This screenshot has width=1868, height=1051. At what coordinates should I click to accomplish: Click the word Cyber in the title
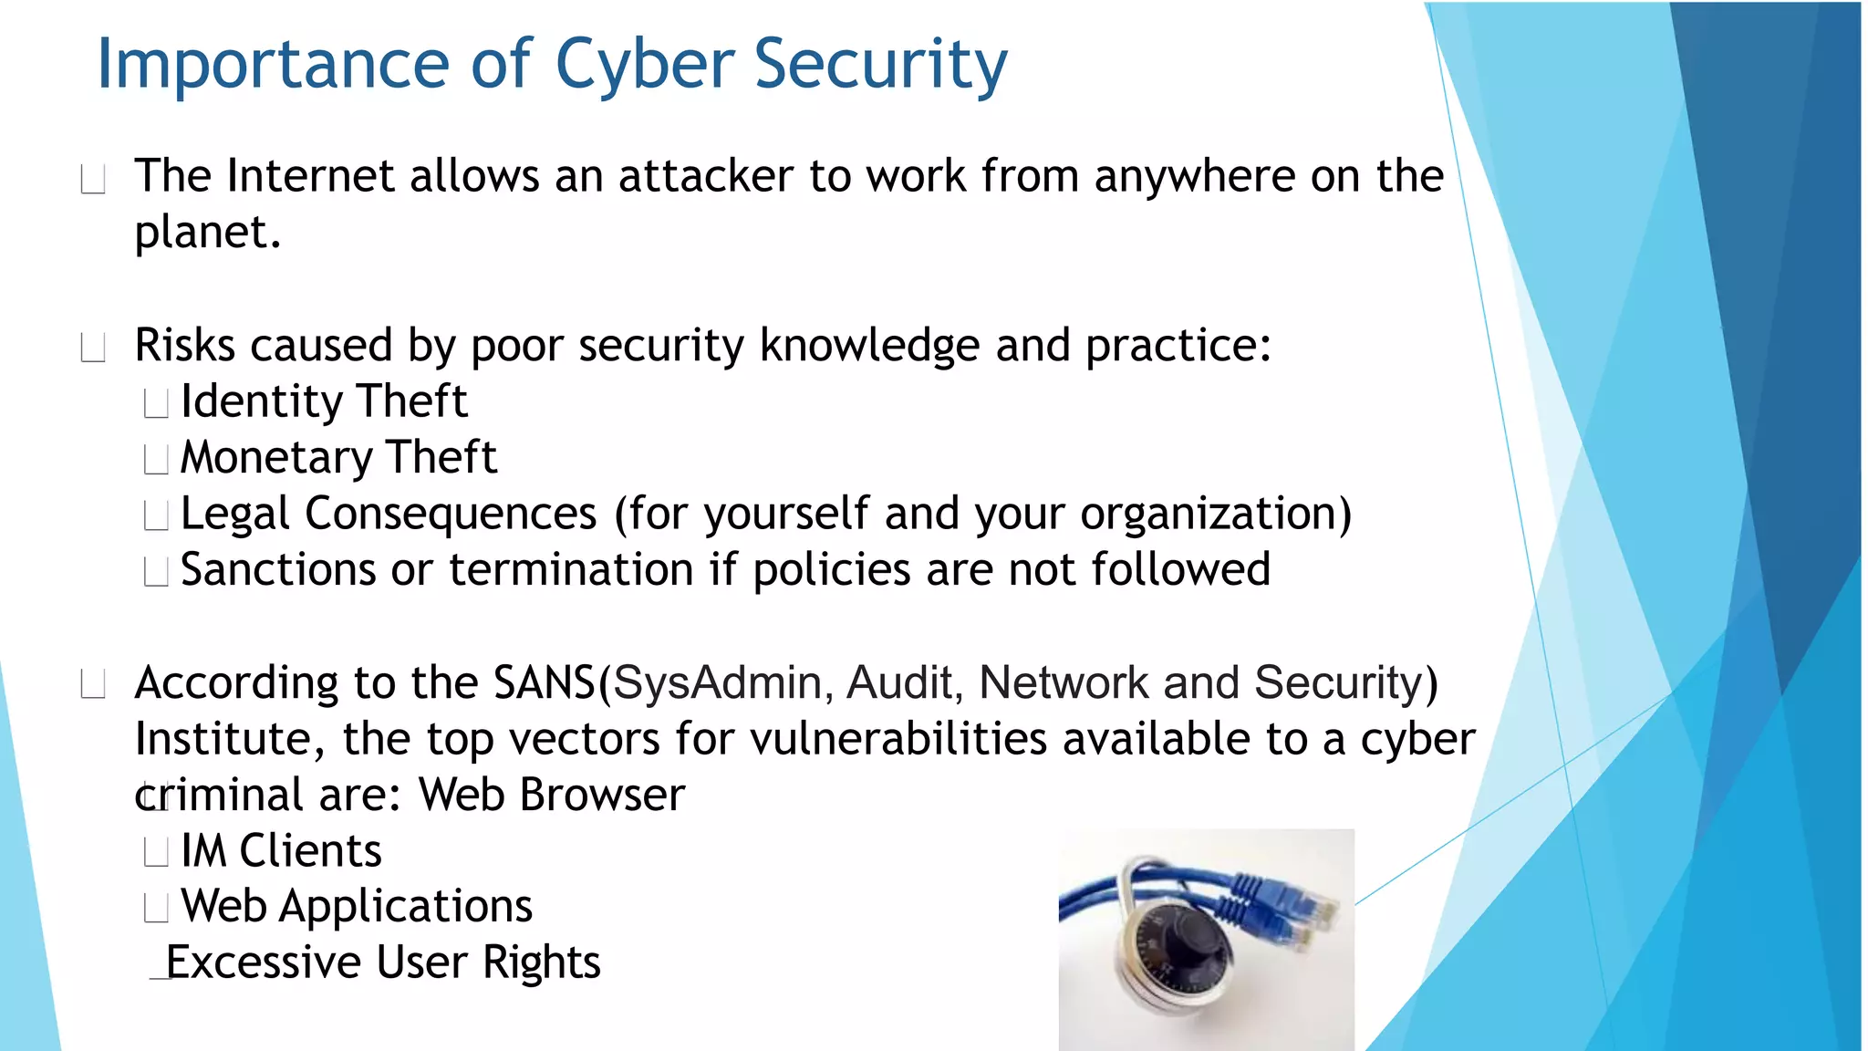point(644,66)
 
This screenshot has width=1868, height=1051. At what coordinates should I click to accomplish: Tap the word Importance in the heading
point(273,66)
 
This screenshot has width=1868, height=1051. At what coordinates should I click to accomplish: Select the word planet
point(206,234)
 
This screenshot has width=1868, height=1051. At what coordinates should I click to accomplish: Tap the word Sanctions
point(277,570)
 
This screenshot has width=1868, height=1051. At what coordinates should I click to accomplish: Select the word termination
point(571,570)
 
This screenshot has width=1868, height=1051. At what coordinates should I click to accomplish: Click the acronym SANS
point(544,683)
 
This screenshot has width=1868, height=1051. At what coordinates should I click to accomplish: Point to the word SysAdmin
point(718,683)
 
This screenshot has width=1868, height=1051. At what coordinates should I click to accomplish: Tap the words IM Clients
point(281,851)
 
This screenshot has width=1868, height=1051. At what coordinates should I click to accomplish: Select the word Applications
point(405,907)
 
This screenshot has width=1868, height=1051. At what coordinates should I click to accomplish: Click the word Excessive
point(264,963)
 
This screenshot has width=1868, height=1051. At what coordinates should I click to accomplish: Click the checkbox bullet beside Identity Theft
point(157,403)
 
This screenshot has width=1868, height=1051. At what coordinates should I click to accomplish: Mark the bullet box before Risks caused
point(93,348)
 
